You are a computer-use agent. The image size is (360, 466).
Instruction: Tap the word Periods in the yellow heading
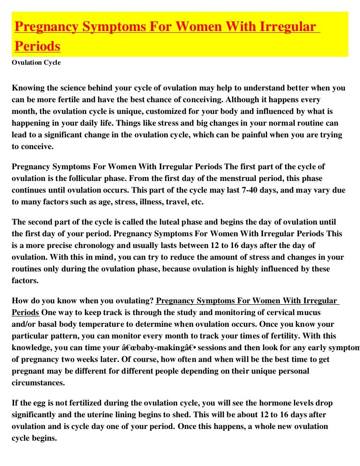[x=37, y=46]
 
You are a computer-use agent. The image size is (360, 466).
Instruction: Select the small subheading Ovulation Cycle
[x=36, y=63]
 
